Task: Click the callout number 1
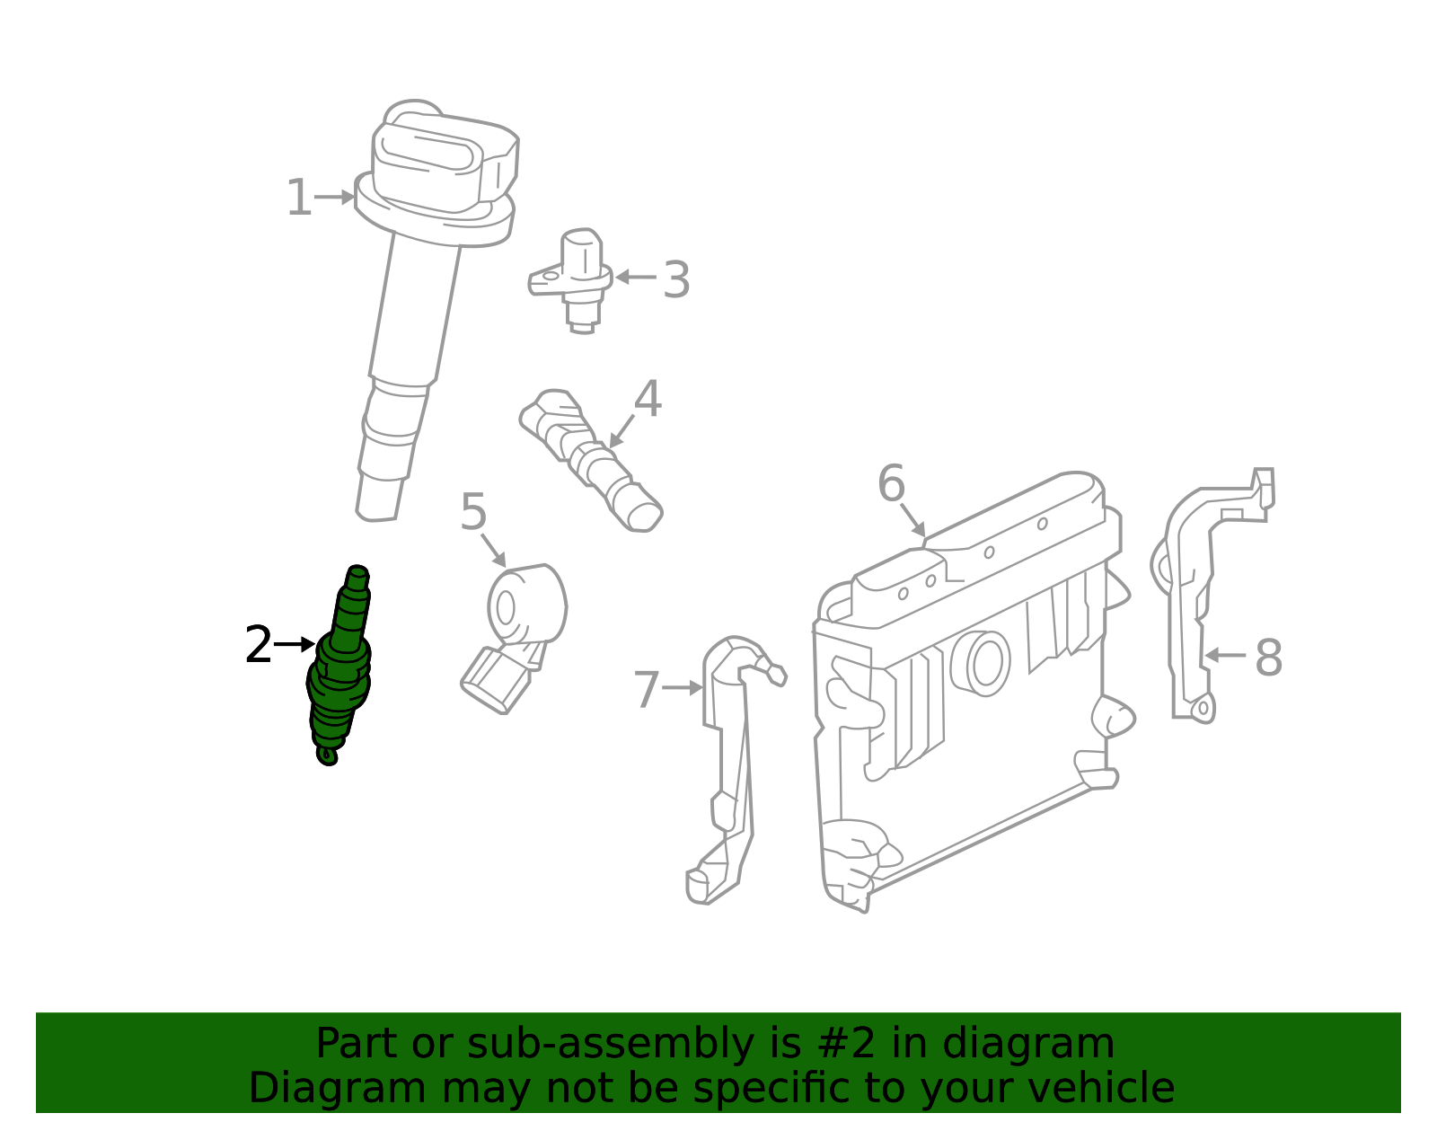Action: click(x=298, y=199)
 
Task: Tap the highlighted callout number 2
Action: click(x=258, y=646)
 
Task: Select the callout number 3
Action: click(x=676, y=280)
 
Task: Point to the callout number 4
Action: click(x=648, y=400)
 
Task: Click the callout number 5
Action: click(x=473, y=513)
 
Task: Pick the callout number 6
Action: click(x=891, y=484)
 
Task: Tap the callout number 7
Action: click(x=647, y=690)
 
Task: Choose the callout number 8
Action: click(x=1268, y=658)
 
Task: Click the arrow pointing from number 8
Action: click(x=1225, y=656)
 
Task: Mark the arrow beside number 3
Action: click(x=636, y=278)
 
